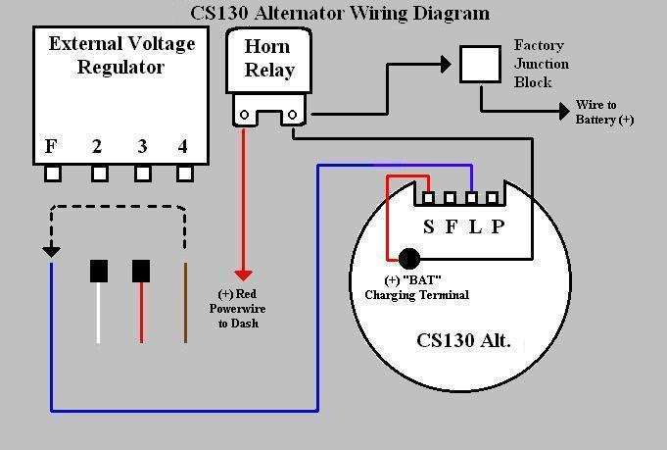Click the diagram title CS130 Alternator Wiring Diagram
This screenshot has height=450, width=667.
[339, 13]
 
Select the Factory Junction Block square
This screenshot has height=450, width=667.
[480, 64]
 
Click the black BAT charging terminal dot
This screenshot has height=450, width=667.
[408, 259]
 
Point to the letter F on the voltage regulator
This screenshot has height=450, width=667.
[51, 147]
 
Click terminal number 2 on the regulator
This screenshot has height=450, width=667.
[97, 147]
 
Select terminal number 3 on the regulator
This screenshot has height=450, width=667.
[142, 147]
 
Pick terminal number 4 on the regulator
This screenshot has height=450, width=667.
[183, 147]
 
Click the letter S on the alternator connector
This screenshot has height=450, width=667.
[428, 227]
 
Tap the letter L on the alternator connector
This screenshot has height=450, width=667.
[475, 227]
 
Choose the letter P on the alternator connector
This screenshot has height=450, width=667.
[498, 227]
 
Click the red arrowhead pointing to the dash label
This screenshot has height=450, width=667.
[243, 275]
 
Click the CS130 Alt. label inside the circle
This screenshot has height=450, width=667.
[463, 343]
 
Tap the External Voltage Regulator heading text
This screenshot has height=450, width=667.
[121, 55]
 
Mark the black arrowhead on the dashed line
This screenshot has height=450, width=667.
[51, 251]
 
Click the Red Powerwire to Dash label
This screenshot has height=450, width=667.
[241, 308]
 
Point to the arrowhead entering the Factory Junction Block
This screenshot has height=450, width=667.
[446, 64]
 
